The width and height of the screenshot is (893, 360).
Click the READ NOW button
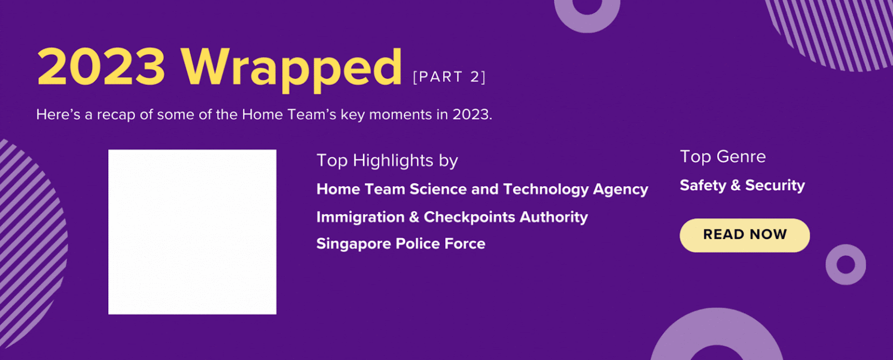click(x=745, y=235)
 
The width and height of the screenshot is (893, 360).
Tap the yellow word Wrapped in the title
click(x=291, y=69)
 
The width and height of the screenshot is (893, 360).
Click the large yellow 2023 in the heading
click(x=101, y=66)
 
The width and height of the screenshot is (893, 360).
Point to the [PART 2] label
click(x=449, y=76)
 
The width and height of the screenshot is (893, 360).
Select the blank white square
click(x=192, y=232)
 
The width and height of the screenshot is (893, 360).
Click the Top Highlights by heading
click(x=387, y=161)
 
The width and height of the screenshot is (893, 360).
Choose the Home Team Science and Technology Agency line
click(x=482, y=189)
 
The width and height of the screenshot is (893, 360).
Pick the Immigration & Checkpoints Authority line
click(x=452, y=217)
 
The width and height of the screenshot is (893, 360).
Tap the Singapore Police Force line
click(x=401, y=243)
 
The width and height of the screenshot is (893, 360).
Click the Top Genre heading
click(x=723, y=157)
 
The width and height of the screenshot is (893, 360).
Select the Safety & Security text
click(x=742, y=185)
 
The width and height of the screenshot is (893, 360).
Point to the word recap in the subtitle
click(x=116, y=115)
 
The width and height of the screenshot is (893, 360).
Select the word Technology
click(x=546, y=189)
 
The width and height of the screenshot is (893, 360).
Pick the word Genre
click(x=741, y=157)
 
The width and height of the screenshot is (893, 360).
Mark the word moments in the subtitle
click(x=400, y=115)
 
